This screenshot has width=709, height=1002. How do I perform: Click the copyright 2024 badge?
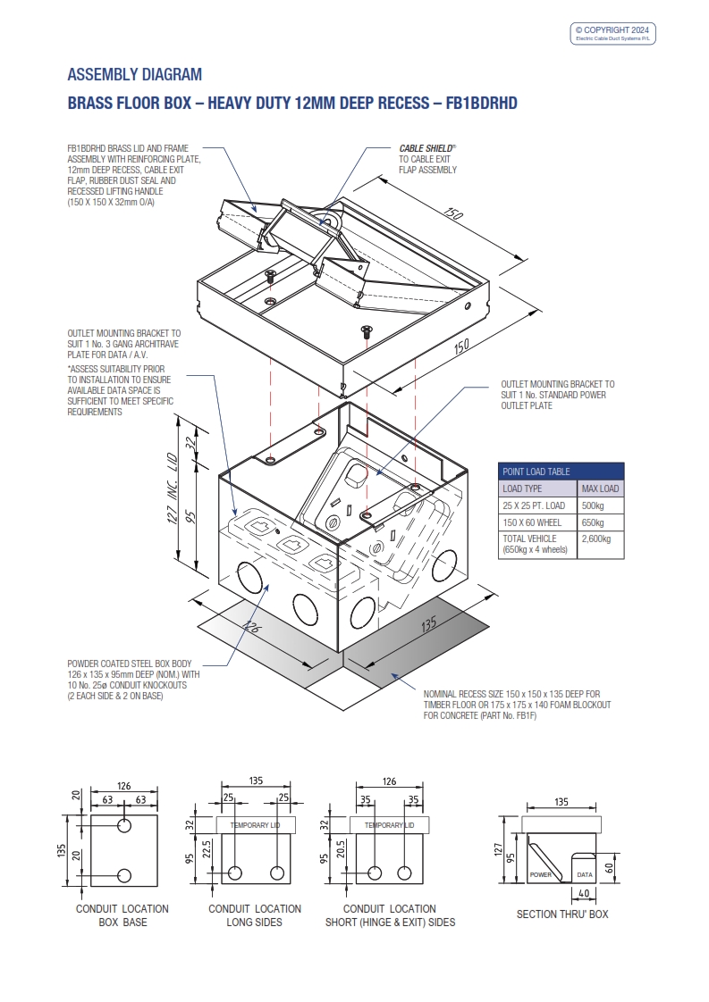pyautogui.click(x=614, y=33)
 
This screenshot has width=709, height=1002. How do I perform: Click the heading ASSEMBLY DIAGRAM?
pyautogui.click(x=135, y=74)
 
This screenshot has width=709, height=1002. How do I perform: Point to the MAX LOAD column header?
pyautogui.click(x=600, y=488)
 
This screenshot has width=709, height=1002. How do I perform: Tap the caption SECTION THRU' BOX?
pyautogui.click(x=562, y=914)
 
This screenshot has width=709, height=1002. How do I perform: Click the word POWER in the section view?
pyautogui.click(x=541, y=875)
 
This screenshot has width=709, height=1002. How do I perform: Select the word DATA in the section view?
pyautogui.click(x=585, y=875)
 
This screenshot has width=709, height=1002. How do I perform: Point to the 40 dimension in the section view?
pyautogui.click(x=583, y=893)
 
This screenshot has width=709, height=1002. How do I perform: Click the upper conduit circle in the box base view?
pyautogui.click(x=124, y=823)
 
